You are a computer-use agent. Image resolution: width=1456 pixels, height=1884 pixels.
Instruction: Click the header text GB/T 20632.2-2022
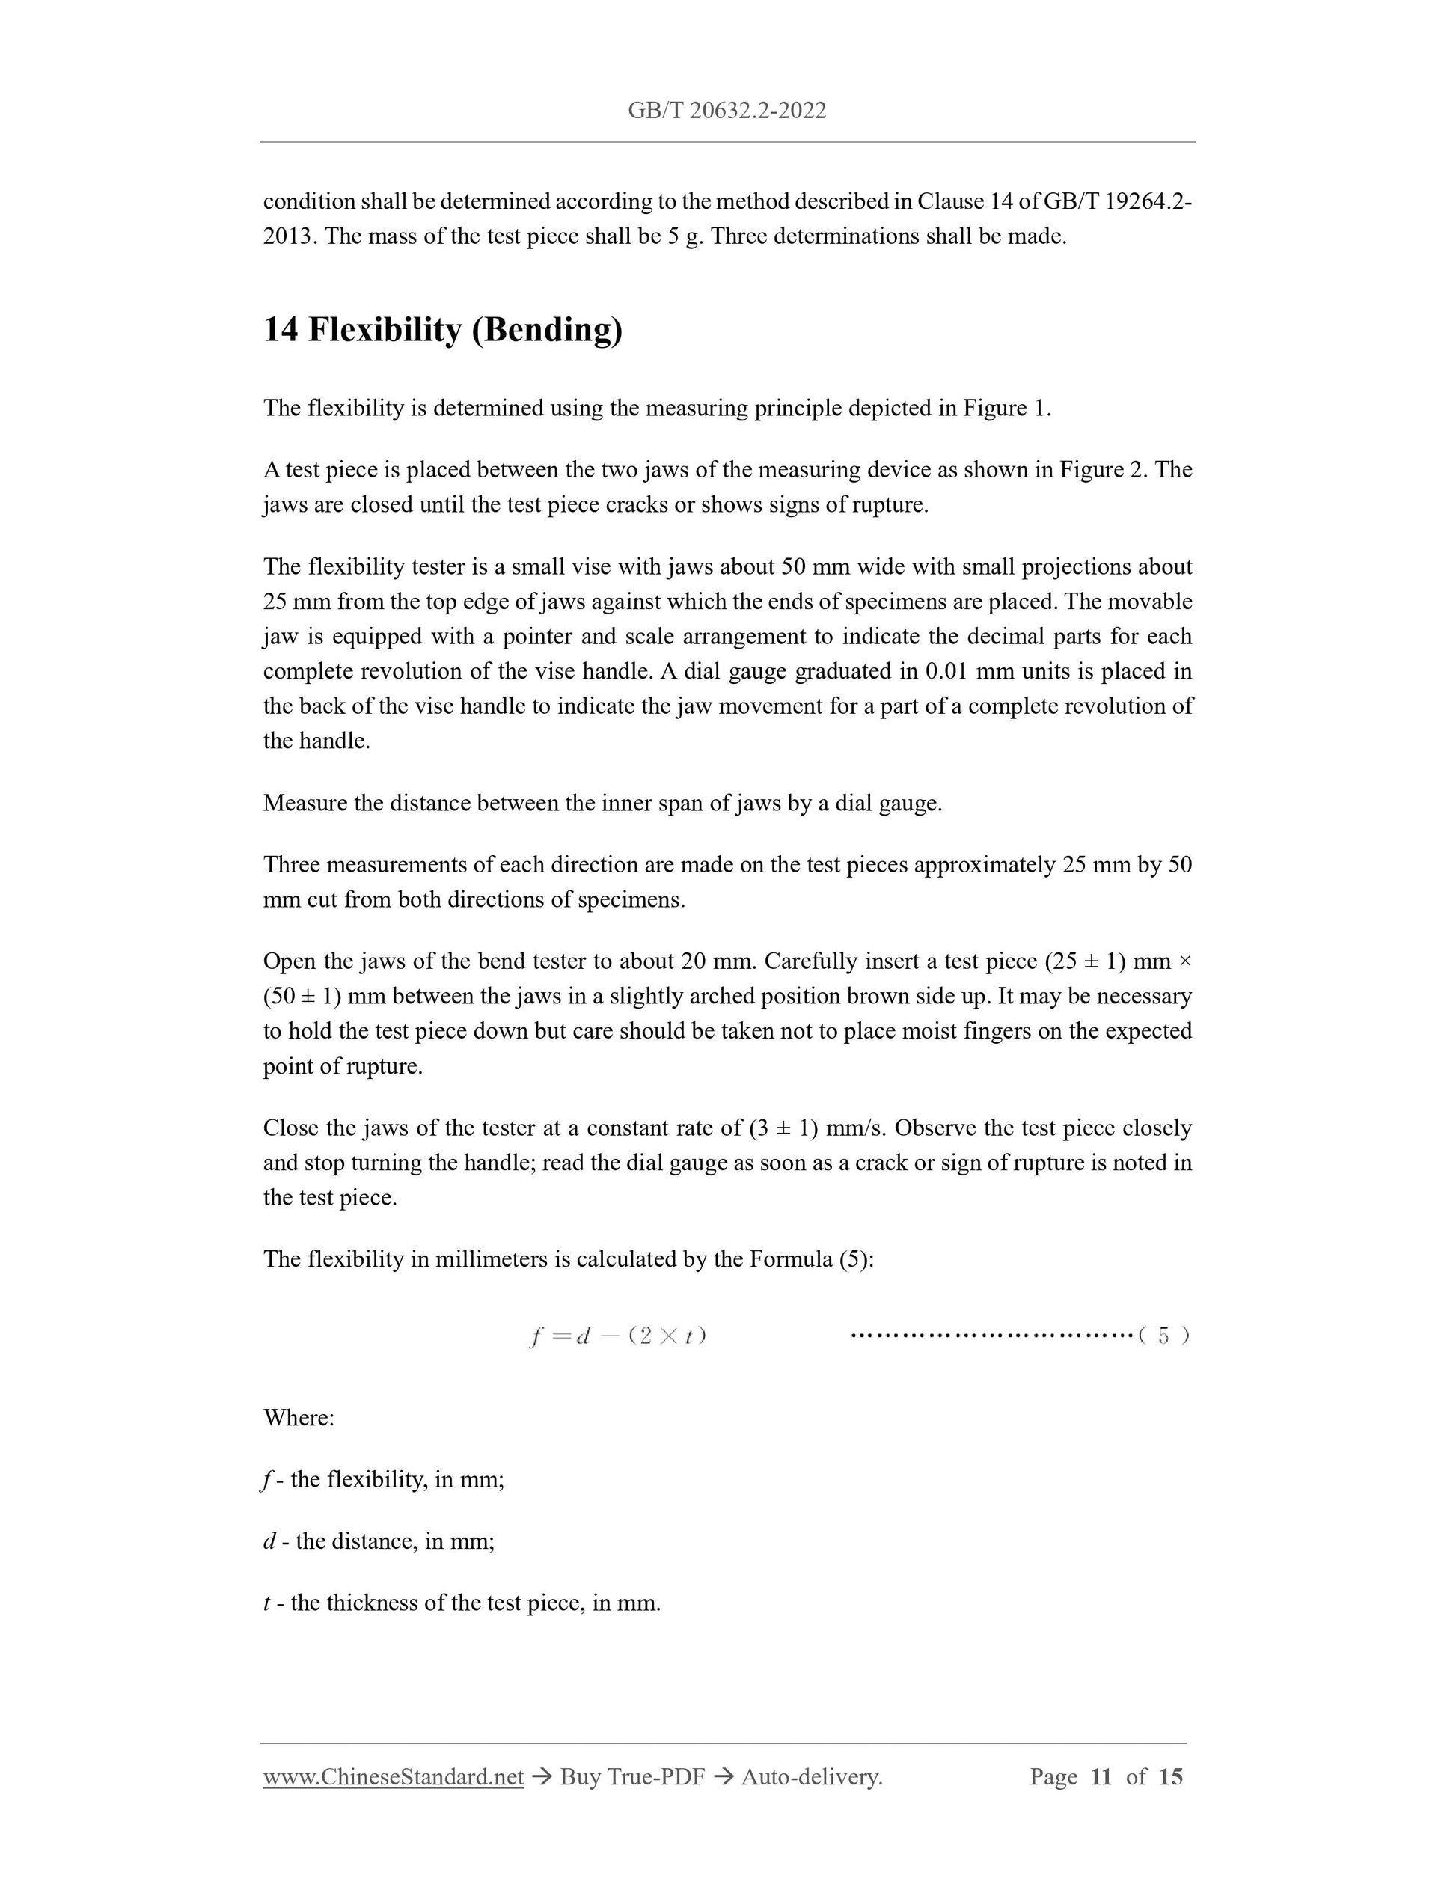727,111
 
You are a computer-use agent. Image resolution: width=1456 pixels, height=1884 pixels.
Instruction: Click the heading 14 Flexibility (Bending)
442,331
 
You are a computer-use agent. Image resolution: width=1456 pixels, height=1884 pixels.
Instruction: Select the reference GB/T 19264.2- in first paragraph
1118,202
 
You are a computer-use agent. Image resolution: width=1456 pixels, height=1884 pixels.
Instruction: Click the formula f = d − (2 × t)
617,1336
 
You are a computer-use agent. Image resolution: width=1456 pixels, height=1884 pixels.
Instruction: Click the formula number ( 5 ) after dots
1163,1336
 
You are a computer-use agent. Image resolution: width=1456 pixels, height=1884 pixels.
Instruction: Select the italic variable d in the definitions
269,1541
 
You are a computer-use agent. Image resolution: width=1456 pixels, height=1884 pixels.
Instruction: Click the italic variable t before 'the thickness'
266,1603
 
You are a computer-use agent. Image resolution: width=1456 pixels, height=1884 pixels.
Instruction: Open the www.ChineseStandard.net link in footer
394,1777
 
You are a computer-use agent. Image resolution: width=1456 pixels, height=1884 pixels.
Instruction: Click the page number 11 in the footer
1101,1777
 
